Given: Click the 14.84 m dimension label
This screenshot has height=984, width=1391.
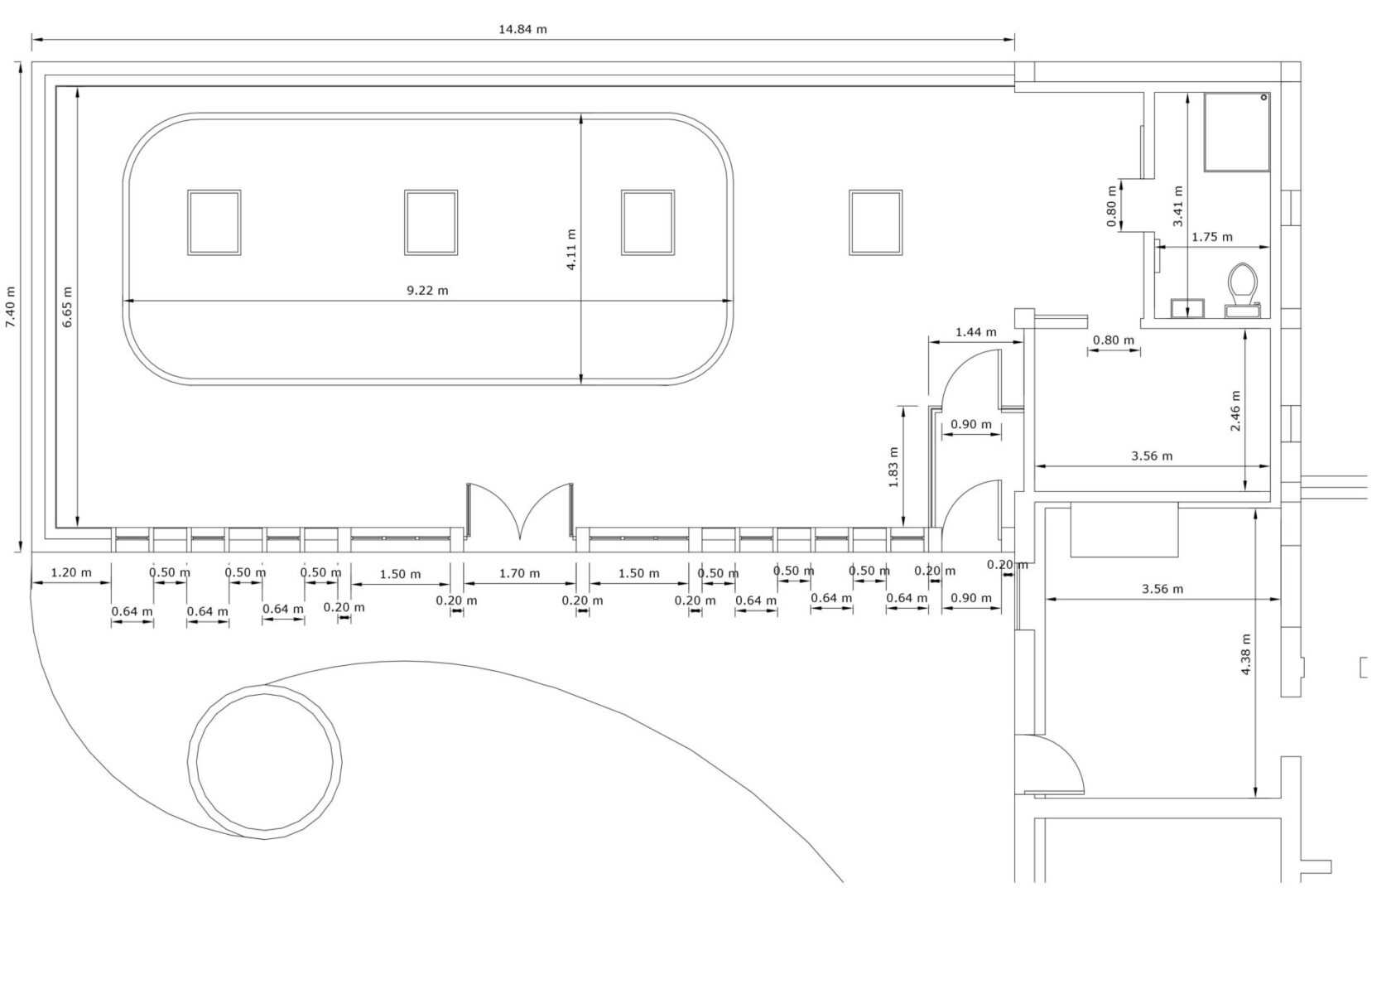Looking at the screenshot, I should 522,29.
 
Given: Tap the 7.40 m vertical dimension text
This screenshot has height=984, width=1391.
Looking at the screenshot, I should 11,307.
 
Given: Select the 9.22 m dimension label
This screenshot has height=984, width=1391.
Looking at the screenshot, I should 427,290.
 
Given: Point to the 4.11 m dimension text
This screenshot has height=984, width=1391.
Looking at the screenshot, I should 571,249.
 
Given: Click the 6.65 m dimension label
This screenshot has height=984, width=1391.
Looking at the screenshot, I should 67,307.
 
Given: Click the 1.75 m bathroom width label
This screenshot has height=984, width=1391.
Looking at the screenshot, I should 1211,237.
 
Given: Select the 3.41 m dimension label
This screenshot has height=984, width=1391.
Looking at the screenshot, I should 1178,206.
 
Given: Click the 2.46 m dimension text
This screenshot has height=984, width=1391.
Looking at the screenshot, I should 1235,412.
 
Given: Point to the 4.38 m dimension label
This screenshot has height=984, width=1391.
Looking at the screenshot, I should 1246,654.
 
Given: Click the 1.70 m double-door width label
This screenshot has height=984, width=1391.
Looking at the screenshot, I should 519,573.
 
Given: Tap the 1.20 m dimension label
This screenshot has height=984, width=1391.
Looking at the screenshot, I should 70,572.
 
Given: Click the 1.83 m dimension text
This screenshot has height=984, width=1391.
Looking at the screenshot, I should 893,467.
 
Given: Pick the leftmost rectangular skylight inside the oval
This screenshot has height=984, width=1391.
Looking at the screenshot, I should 214,222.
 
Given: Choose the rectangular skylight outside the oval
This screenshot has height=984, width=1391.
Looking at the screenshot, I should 875,222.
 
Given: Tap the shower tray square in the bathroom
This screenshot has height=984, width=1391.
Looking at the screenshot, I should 1236,132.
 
